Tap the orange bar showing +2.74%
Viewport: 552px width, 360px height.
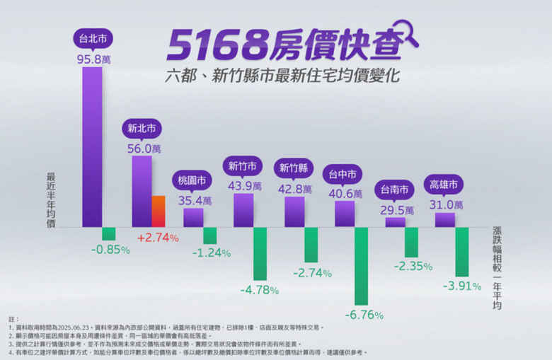click(x=159, y=211)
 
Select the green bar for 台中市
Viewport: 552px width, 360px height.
click(x=362, y=265)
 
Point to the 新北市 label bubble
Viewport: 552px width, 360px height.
click(x=142, y=129)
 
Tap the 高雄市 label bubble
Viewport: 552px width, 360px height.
click(x=444, y=185)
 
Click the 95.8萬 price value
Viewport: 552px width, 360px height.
click(x=93, y=59)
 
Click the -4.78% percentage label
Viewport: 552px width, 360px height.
click(x=259, y=290)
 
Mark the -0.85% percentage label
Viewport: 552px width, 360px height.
click(x=110, y=249)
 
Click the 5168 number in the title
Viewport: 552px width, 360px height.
click(x=208, y=46)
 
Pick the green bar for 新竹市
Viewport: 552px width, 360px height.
click(x=260, y=253)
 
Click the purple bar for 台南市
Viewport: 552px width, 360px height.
click(x=395, y=222)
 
